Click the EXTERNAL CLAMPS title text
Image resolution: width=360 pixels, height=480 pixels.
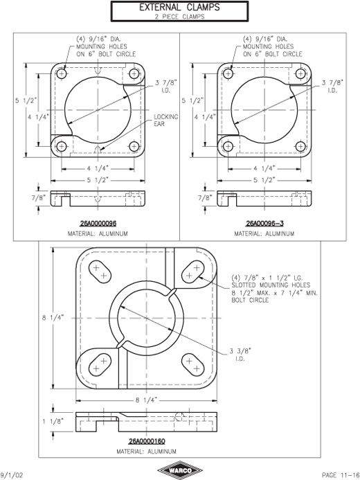tap(179, 7)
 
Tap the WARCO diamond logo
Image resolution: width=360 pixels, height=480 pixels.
tap(179, 470)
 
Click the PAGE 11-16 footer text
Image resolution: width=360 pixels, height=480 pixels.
tap(340, 474)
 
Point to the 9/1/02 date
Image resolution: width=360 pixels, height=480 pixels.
tap(11, 474)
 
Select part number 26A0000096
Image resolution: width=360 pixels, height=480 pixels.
tap(98, 224)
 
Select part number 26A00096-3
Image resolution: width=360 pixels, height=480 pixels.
tap(264, 224)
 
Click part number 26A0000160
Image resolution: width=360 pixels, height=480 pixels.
tap(147, 441)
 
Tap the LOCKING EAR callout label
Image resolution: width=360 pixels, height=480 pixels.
tap(165, 121)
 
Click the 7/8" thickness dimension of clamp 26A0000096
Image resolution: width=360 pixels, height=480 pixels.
tap(39, 197)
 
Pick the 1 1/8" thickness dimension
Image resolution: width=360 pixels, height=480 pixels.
tap(53, 422)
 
